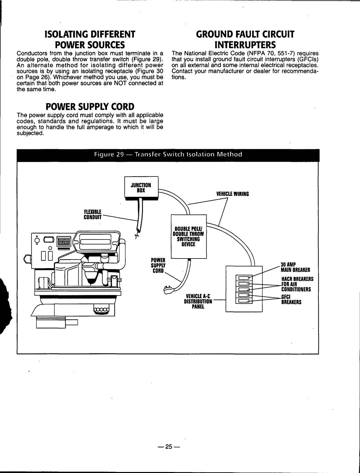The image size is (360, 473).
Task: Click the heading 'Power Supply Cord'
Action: [90, 107]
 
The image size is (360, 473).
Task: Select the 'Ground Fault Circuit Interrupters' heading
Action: [245, 39]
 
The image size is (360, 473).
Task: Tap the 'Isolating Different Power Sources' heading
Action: [90, 39]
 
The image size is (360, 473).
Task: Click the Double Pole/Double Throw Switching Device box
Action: [188, 237]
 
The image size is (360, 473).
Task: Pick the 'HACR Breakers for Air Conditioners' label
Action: [295, 284]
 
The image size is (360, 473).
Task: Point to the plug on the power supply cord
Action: [170, 288]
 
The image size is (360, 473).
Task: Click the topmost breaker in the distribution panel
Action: [244, 278]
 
